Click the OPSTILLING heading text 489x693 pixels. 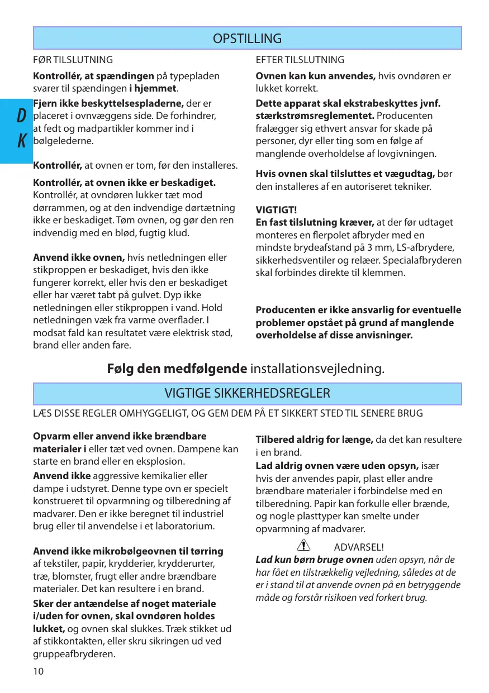(247, 39)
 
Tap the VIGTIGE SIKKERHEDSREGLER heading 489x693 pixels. (247, 394)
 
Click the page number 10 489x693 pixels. (38, 671)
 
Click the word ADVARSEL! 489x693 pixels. (358, 547)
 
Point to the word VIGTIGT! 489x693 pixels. (276, 210)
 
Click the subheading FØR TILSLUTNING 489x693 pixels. (73, 60)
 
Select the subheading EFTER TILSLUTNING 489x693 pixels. (300, 60)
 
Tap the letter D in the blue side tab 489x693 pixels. (21, 116)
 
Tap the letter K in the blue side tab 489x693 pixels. (21, 141)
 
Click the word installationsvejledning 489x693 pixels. (317, 369)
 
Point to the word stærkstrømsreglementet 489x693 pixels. (315, 116)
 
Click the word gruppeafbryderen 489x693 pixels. (74, 654)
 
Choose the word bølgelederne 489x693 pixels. (63, 141)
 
